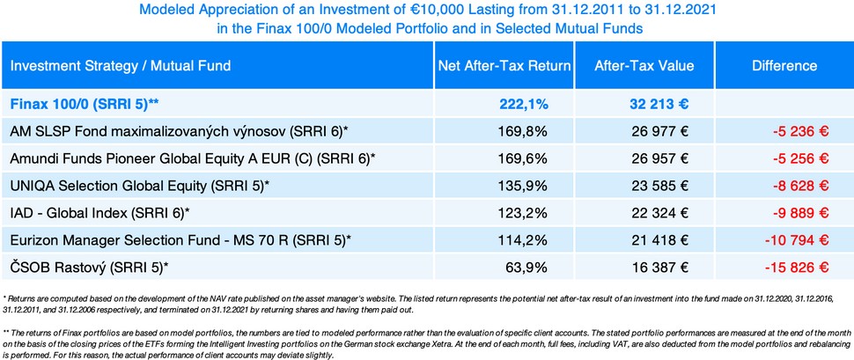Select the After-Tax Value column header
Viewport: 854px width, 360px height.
pyautogui.click(x=644, y=66)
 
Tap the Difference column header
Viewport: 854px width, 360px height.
pyautogui.click(x=784, y=66)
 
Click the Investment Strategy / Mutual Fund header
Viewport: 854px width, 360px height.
pyautogui.click(x=121, y=66)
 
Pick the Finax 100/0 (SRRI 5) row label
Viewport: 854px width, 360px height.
pyautogui.click(x=85, y=104)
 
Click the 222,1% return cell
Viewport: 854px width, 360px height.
pyautogui.click(x=524, y=104)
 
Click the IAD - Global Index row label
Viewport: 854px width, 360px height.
pyautogui.click(x=99, y=213)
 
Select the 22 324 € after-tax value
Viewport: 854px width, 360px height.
pyautogui.click(x=655, y=213)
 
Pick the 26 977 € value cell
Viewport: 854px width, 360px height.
pyautogui.click(x=655, y=131)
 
